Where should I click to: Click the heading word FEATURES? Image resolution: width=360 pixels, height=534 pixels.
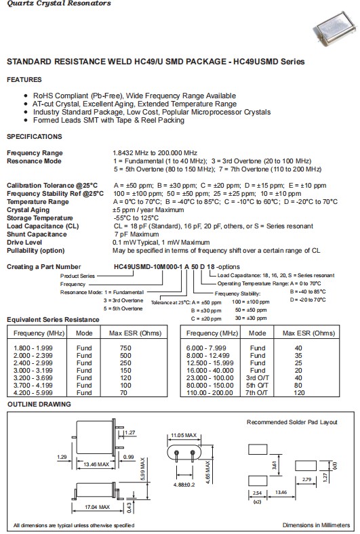[24, 79]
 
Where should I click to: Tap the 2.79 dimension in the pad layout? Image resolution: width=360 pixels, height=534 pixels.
[308, 480]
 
